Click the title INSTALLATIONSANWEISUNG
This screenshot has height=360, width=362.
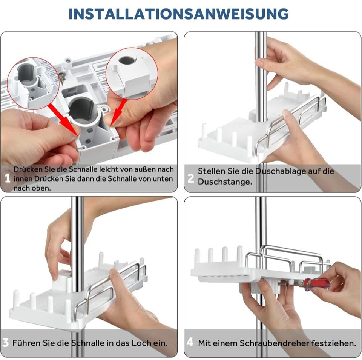(178, 14)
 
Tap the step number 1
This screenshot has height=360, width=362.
(8, 178)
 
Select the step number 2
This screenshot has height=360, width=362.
(191, 178)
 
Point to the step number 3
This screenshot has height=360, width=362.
(5, 342)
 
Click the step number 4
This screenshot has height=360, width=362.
(190, 342)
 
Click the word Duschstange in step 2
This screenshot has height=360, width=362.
(225, 182)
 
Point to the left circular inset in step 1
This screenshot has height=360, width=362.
(33, 83)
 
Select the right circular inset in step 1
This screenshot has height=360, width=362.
(132, 74)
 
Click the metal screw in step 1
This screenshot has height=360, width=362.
(62, 78)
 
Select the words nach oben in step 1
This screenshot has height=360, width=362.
(32, 188)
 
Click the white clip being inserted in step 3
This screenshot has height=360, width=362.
(61, 279)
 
